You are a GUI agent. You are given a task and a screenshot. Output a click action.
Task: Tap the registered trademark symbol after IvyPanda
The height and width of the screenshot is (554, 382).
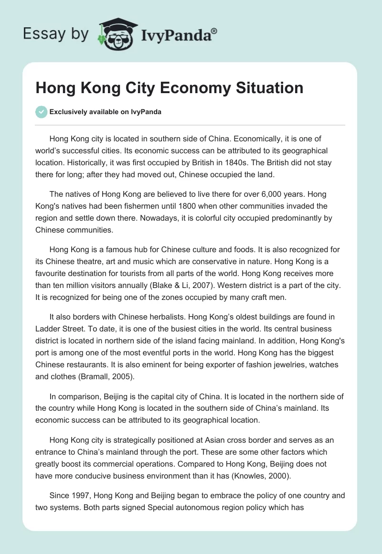214,31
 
